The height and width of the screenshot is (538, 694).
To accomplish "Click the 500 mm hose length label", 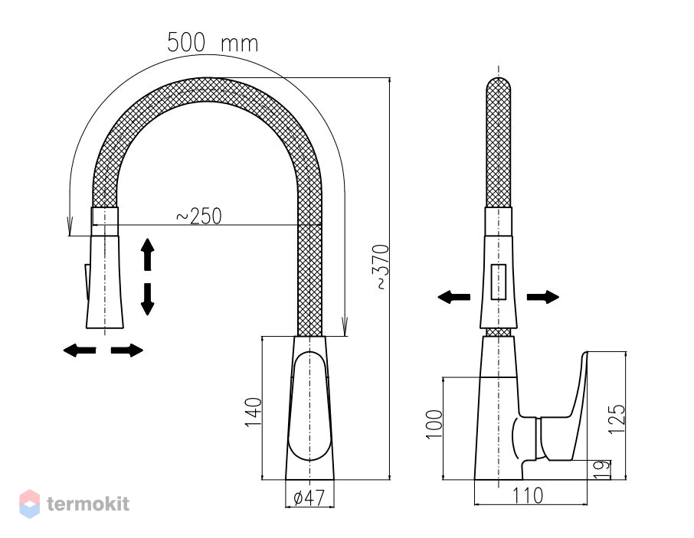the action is (212, 43).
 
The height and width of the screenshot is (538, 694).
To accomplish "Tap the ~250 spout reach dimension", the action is (198, 216).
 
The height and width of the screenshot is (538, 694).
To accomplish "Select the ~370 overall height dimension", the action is (382, 267).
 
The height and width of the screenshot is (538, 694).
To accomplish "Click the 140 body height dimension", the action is (254, 412).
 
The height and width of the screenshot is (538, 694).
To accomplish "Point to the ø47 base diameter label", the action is (309, 497).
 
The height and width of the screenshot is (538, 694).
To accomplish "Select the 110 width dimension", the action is (528, 496).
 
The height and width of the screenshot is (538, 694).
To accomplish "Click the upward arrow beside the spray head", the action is (147, 254).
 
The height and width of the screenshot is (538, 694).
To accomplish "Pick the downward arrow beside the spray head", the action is (147, 299).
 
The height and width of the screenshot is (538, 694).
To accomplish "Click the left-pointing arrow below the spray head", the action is (80, 351).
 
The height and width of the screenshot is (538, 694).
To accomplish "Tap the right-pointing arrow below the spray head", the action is (127, 351).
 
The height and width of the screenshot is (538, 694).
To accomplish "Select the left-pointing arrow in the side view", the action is (453, 297).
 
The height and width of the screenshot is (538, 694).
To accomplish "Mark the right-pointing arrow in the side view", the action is (543, 297).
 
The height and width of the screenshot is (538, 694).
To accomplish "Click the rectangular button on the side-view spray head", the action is (499, 282).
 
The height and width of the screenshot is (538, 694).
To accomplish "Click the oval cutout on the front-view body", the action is (309, 406).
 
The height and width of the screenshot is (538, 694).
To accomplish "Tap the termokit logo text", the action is (88, 504).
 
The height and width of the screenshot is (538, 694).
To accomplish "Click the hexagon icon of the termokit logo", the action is (30, 504).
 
